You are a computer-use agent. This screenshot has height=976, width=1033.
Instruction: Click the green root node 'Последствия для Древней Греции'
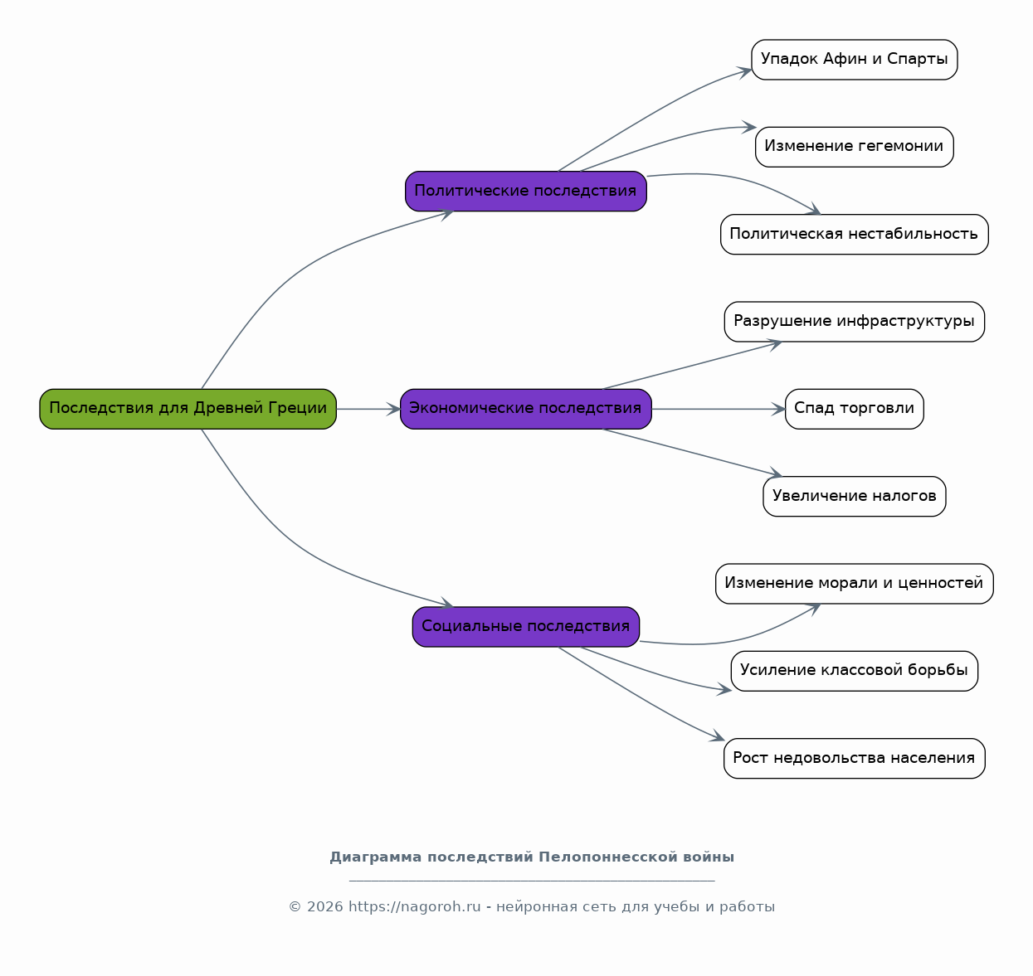click(x=188, y=409)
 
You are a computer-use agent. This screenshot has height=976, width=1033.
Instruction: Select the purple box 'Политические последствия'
click(x=525, y=192)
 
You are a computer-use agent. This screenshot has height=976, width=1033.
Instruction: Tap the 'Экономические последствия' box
click(x=525, y=409)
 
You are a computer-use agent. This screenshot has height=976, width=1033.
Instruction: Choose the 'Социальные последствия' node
click(x=525, y=627)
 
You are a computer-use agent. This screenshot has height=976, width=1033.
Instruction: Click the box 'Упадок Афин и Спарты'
click(x=854, y=60)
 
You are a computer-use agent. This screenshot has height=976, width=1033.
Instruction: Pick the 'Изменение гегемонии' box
click(x=854, y=147)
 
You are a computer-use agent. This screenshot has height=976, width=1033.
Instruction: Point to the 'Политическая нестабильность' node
click(x=854, y=235)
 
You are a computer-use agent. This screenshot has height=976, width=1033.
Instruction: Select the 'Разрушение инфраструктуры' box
click(x=854, y=322)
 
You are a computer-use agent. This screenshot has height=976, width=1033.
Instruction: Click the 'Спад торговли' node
click(x=854, y=409)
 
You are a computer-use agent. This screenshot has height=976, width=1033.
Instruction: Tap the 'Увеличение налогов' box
click(x=854, y=497)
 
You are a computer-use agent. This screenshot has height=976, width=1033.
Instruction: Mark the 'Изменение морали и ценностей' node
click(x=854, y=584)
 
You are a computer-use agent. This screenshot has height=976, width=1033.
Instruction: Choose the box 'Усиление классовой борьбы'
click(x=854, y=671)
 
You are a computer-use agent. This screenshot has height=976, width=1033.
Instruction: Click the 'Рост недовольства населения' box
click(x=854, y=758)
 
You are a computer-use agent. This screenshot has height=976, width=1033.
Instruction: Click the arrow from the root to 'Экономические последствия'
click(x=368, y=409)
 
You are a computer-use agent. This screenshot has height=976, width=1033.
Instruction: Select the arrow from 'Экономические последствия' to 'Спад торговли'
click(x=719, y=409)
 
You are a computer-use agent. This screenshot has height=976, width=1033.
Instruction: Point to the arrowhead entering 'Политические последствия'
click(x=446, y=214)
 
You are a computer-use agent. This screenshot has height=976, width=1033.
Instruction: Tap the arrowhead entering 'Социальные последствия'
click(x=446, y=603)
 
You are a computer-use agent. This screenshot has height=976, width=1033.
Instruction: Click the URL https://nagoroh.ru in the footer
click(x=415, y=906)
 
